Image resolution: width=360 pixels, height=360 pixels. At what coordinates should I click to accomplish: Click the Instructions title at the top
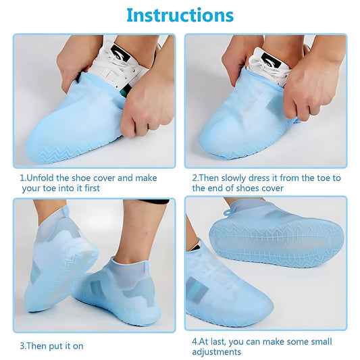pyautogui.click(x=180, y=15)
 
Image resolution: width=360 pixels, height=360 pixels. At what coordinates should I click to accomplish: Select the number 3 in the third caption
pyautogui.click(x=22, y=346)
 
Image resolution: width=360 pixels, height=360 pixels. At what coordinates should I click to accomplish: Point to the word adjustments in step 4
pyautogui.click(x=216, y=351)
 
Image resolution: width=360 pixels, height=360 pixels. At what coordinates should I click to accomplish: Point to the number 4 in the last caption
pyautogui.click(x=195, y=340)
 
